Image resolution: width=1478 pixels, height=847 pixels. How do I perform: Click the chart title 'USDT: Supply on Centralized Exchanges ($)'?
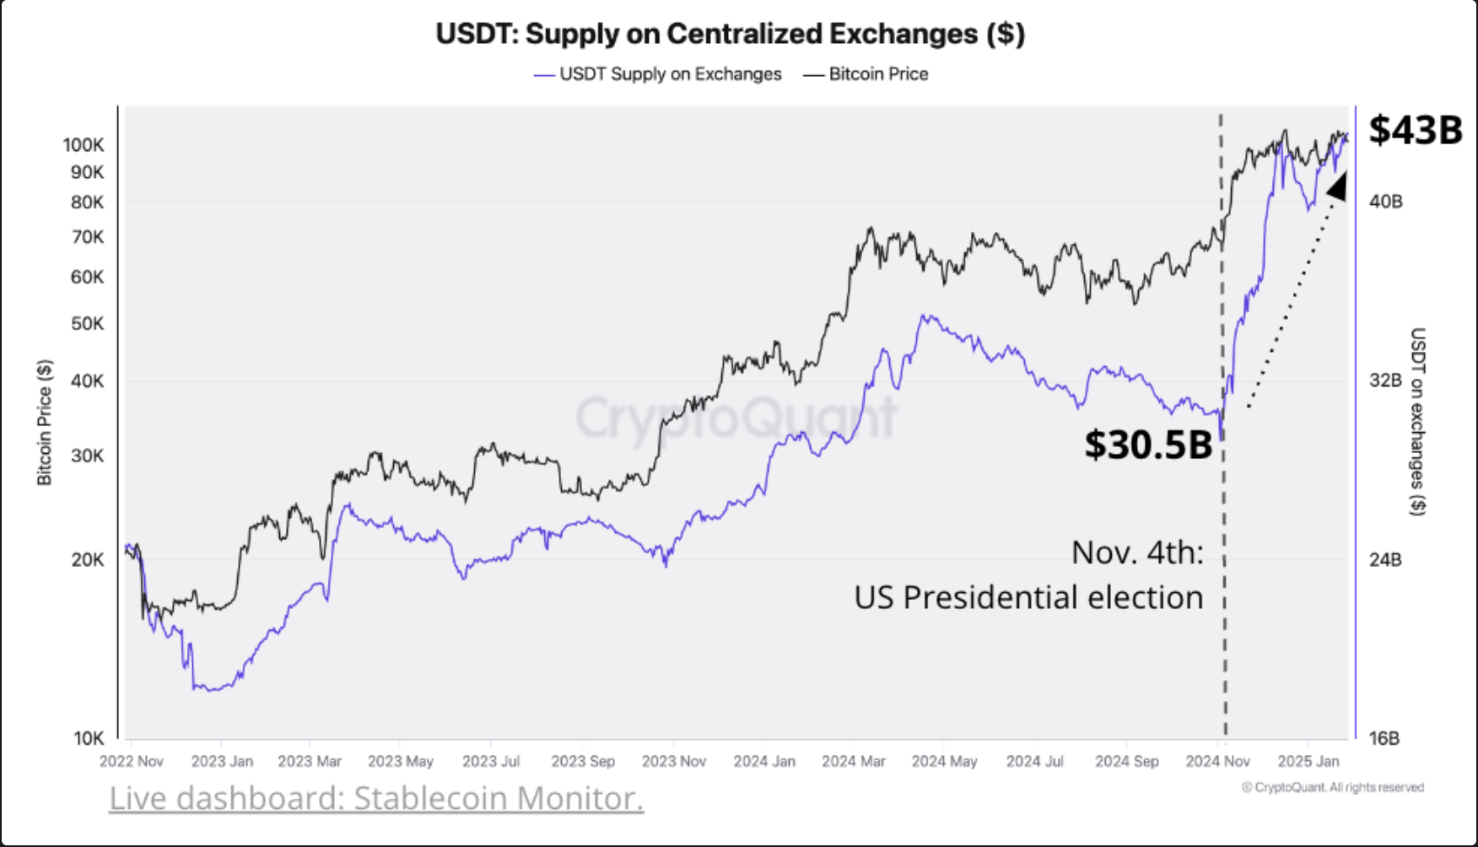tap(730, 34)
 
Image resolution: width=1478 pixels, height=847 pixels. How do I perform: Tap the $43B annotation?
tap(1415, 130)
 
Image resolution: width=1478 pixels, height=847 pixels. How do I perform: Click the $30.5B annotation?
tap(1147, 445)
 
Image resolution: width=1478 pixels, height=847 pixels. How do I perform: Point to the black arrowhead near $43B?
tap(1337, 186)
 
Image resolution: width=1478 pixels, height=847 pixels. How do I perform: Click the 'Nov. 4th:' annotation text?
tap(1137, 553)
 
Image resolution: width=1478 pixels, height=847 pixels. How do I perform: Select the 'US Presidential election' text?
tap(1028, 597)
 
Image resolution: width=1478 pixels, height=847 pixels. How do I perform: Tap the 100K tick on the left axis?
tap(84, 145)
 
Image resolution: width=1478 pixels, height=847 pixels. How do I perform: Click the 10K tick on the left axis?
tap(88, 738)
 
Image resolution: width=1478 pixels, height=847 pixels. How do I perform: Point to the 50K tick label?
tap(87, 324)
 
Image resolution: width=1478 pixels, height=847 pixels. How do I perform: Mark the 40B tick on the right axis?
tap(1385, 202)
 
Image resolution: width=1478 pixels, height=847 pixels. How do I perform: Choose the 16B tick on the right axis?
tap(1384, 738)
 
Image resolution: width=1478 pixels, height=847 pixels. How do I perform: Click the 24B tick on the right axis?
tap(1385, 559)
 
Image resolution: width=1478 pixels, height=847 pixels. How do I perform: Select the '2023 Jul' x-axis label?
tap(491, 761)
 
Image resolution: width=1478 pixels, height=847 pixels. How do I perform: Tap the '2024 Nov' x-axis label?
tap(1217, 761)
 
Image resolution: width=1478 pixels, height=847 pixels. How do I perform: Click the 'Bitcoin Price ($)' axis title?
tap(45, 422)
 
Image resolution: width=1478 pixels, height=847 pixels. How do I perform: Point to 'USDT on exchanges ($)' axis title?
tap(1417, 421)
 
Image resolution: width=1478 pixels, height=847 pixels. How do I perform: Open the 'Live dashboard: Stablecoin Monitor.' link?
tap(376, 798)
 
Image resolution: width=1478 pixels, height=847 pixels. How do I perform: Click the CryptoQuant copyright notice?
tap(1332, 787)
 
